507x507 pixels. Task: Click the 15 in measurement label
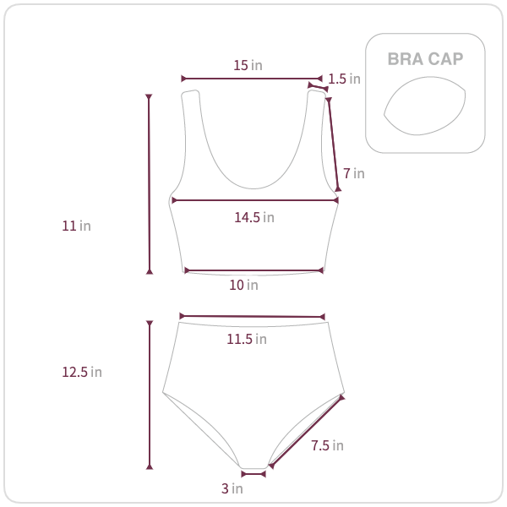(248, 65)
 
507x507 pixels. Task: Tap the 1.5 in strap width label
(344, 79)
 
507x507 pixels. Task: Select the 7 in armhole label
(354, 173)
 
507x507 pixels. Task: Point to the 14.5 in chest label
(254, 218)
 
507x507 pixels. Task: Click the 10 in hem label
(243, 286)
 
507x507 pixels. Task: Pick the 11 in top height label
(76, 226)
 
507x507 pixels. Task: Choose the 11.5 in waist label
(247, 339)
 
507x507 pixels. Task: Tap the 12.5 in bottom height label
(82, 372)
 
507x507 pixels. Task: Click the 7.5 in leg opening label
(327, 445)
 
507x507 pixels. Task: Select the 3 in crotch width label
(232, 488)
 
